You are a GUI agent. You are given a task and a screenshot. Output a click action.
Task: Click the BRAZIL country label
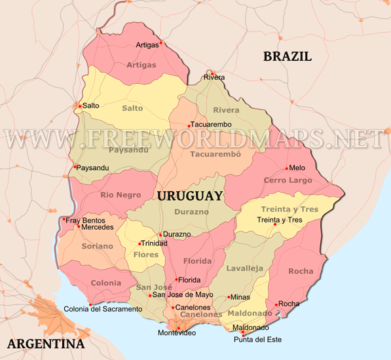point(287,56)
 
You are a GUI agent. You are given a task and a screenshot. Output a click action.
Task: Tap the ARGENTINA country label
point(45,344)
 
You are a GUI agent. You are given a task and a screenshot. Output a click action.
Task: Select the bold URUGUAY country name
point(189,196)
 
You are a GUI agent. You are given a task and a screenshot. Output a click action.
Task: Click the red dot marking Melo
point(286,168)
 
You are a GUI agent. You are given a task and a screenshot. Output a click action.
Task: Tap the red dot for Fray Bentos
point(64,220)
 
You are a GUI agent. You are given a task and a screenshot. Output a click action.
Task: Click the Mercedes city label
point(98,227)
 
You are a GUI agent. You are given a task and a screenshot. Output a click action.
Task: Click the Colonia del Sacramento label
point(102,308)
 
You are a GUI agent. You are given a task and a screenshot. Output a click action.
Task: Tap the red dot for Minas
point(228,297)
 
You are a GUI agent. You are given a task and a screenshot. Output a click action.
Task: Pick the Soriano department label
point(97,246)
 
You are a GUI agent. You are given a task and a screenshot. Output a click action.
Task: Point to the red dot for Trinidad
point(139,243)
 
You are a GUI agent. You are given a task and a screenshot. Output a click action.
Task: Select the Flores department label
point(146,255)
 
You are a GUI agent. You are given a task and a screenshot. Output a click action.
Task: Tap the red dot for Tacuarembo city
point(189,125)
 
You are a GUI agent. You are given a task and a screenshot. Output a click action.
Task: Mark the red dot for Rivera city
point(212,73)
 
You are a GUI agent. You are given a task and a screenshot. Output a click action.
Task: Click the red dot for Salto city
point(80,105)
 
